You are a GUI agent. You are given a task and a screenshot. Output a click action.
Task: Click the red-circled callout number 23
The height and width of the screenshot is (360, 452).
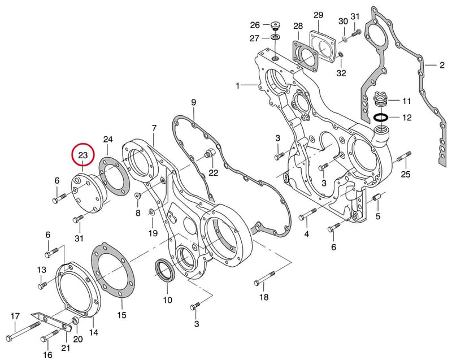(x=83, y=155)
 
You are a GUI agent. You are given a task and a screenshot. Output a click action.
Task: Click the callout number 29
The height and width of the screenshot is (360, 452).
(x=318, y=15)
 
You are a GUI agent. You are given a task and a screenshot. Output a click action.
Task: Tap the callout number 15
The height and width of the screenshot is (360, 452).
(x=122, y=315)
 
